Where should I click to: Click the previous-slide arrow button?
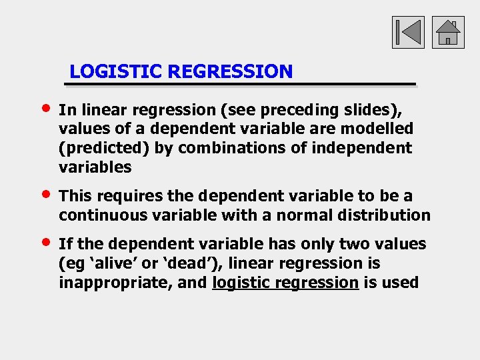coord(407,32)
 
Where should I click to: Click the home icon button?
coord(448,32)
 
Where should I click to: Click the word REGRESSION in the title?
coord(231,71)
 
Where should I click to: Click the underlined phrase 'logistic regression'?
coord(285,283)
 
